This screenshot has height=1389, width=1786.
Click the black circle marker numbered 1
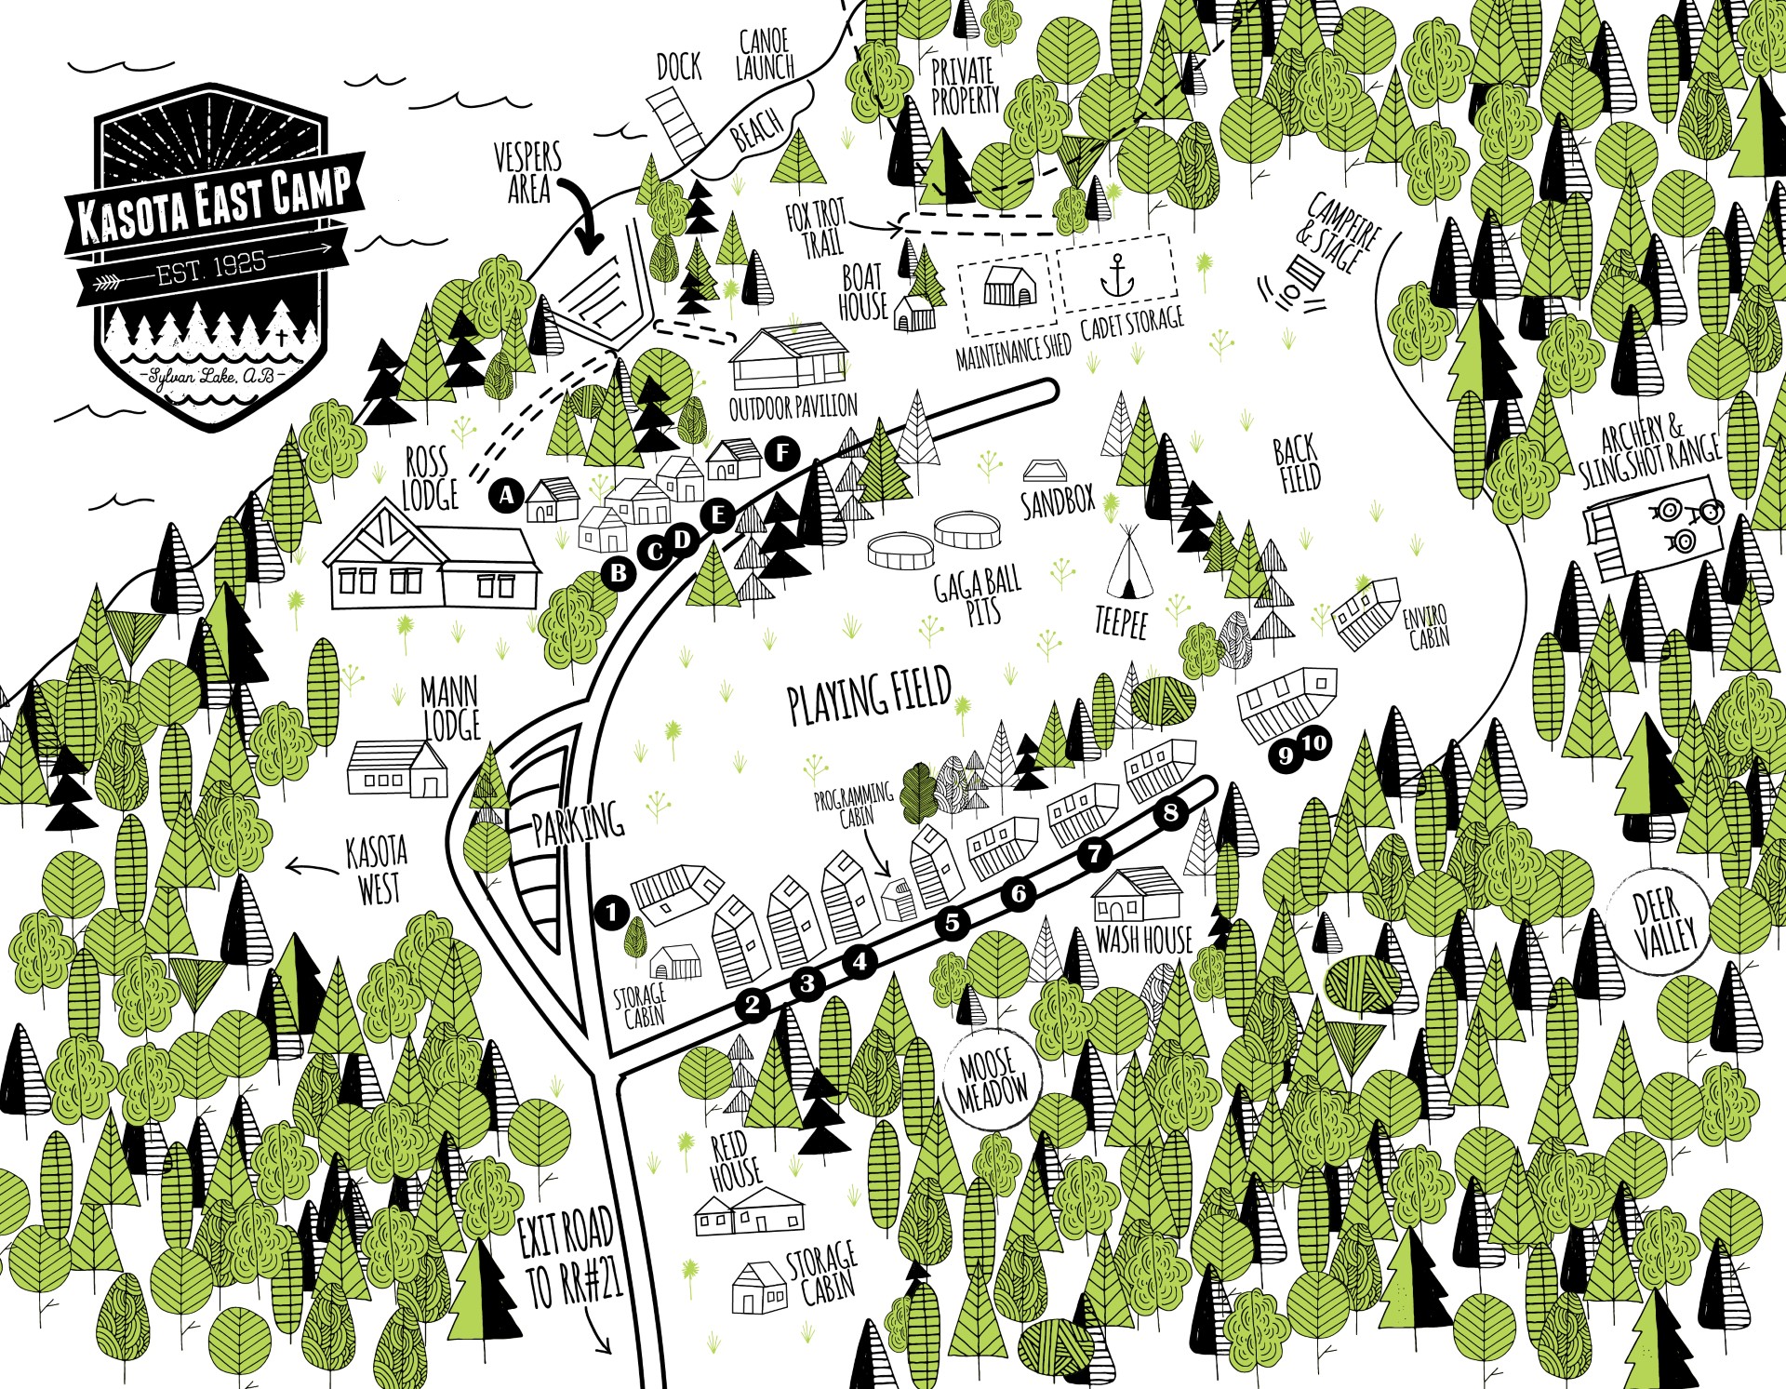[611, 912]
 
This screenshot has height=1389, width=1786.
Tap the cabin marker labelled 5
[952, 923]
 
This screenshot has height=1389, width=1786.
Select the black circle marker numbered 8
[1170, 813]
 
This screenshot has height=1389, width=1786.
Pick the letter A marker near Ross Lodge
[506, 495]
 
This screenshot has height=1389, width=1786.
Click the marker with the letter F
[782, 454]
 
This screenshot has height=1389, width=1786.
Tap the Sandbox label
[1059, 502]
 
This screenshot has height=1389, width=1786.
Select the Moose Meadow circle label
[993, 1079]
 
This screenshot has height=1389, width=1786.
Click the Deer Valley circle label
[1665, 923]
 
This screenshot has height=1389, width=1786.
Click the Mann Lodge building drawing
[396, 768]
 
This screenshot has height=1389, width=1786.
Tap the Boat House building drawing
[913, 313]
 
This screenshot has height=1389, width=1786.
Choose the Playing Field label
[869, 695]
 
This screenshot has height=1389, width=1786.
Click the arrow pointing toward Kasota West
[311, 869]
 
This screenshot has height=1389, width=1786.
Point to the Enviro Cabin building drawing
[1366, 610]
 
